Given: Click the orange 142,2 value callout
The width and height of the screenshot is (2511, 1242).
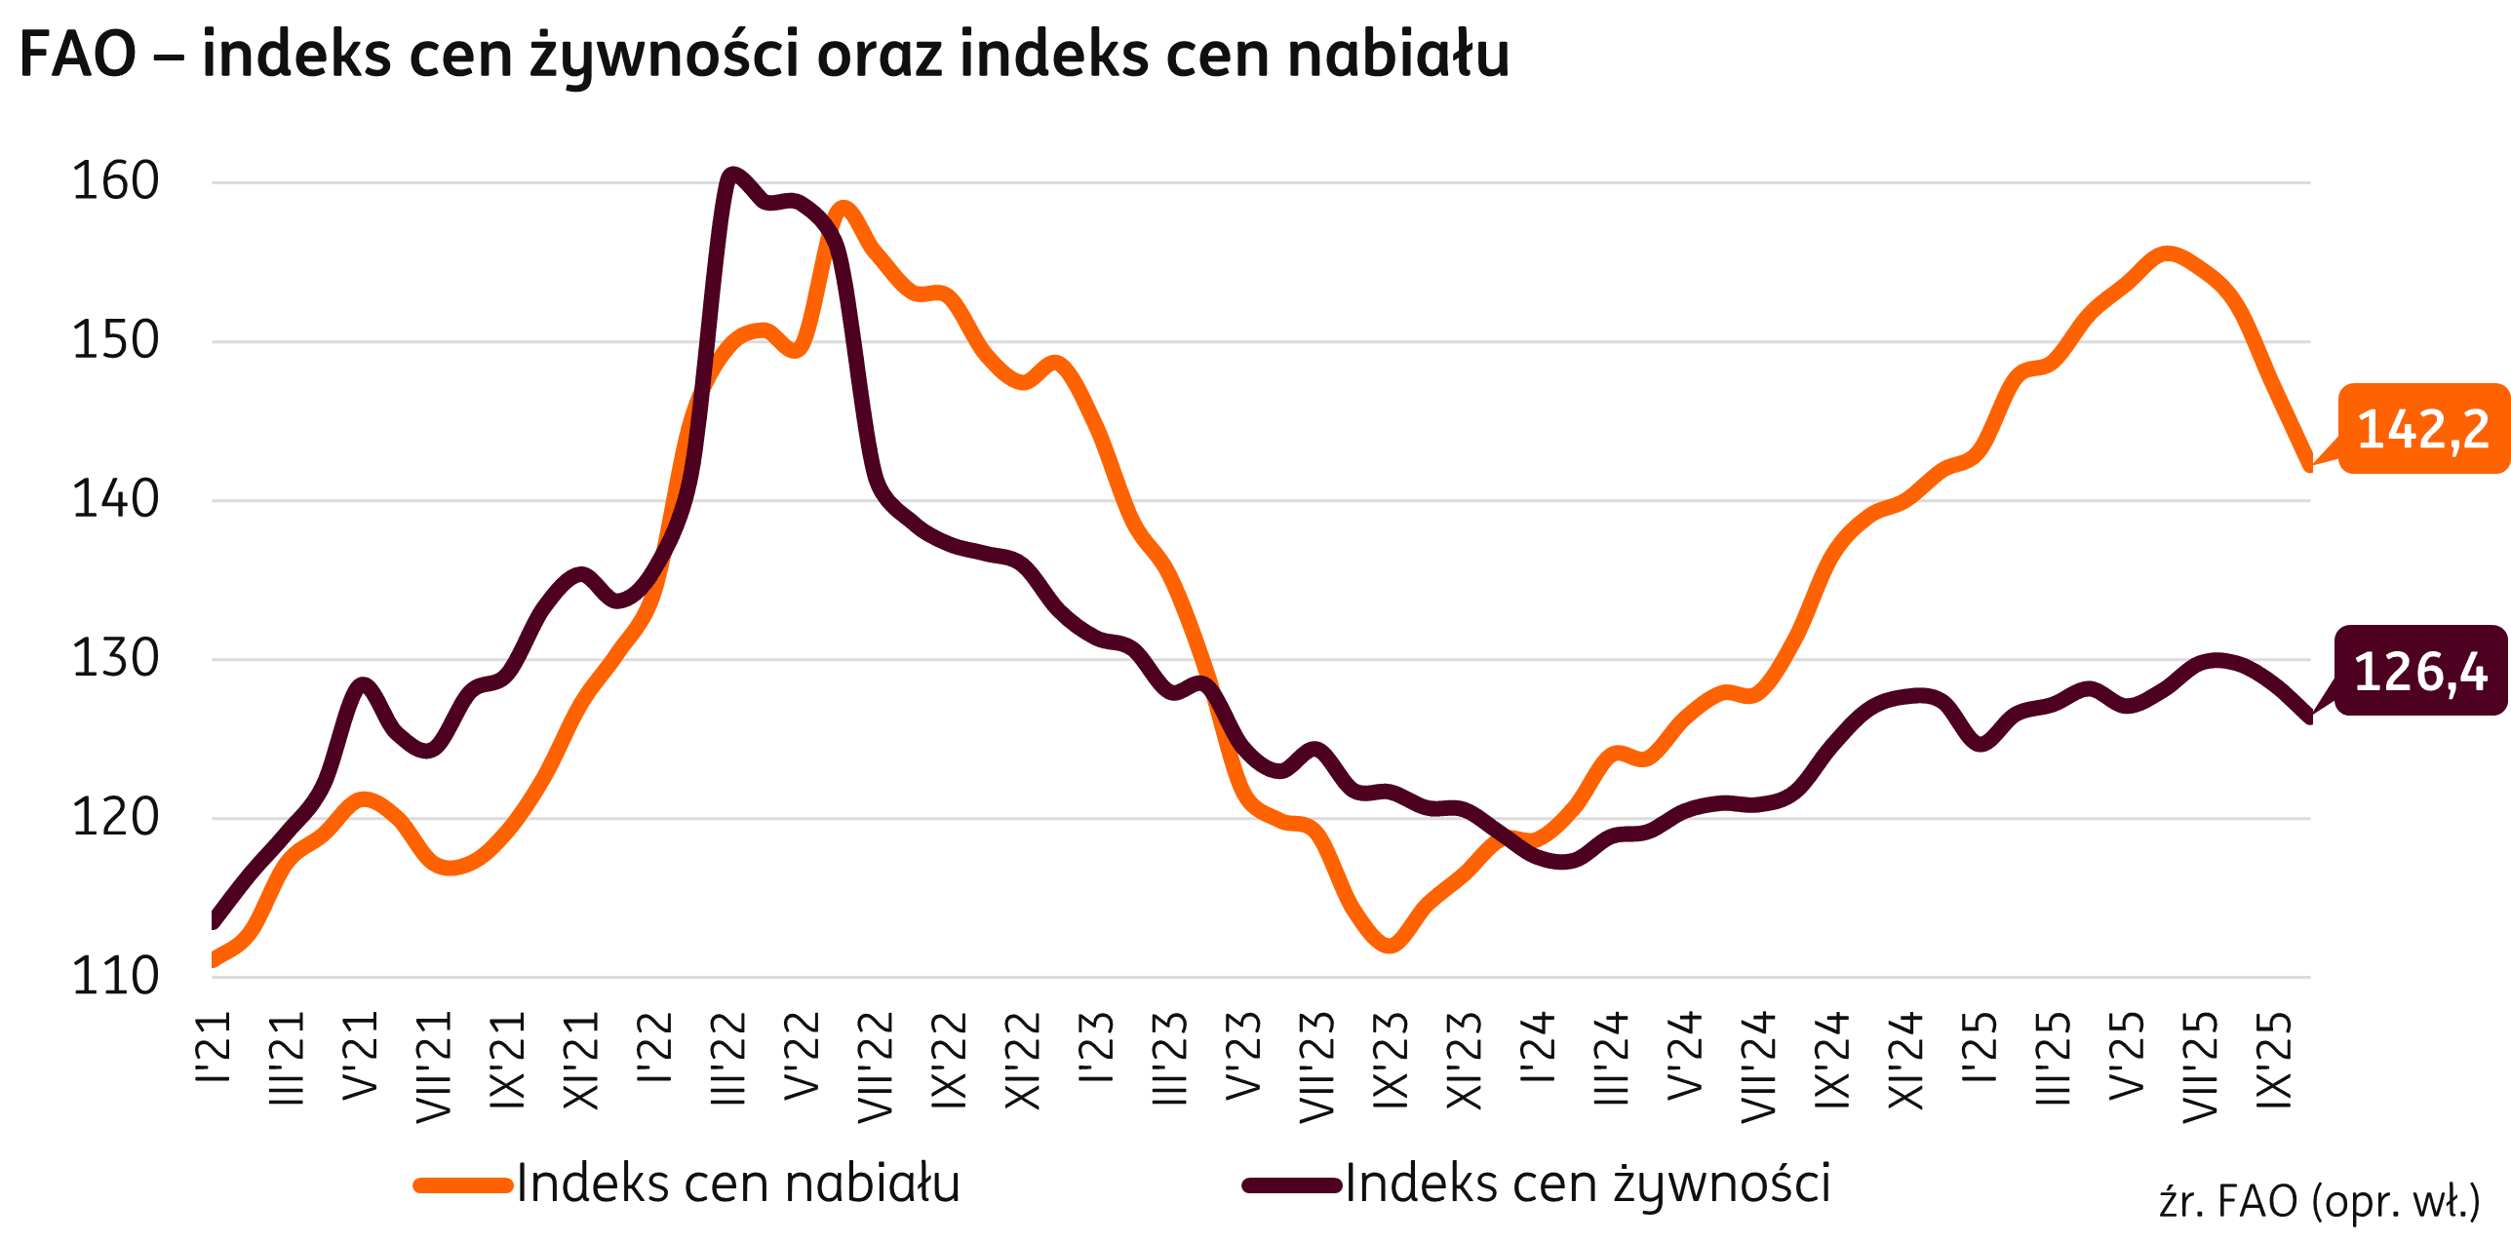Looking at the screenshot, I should (2422, 429).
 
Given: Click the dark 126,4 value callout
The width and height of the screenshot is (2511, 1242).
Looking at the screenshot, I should (2420, 672).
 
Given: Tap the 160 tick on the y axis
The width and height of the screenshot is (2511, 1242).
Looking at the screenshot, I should (115, 182).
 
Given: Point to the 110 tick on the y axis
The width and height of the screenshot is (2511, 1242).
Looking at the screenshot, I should (115, 977).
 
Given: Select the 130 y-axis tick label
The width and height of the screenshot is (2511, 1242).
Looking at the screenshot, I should (115, 659).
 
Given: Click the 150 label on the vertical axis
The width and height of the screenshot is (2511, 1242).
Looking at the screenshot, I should (115, 341).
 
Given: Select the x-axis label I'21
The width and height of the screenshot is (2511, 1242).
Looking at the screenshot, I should (214, 1047).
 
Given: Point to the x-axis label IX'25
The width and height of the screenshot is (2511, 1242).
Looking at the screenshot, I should (2273, 1061).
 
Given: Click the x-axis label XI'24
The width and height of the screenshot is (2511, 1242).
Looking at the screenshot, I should (1905, 1061).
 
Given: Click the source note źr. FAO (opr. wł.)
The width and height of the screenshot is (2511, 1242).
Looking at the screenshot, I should (2319, 1202).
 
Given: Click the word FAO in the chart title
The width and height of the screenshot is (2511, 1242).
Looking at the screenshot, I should (78, 55).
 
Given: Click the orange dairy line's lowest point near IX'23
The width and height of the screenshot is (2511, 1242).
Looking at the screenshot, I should (1389, 945).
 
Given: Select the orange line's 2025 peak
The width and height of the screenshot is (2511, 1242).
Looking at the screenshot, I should (2166, 254).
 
